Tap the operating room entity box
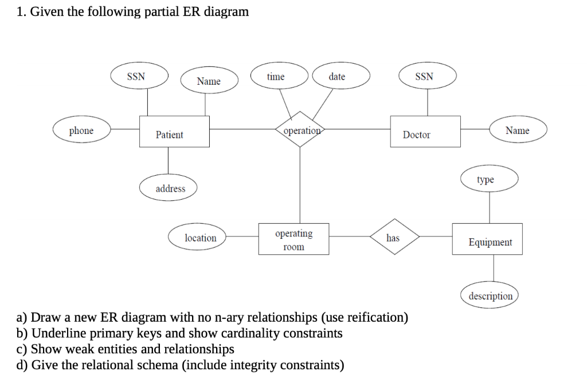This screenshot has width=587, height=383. click(x=293, y=239)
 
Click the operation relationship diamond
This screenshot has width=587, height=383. click(x=300, y=131)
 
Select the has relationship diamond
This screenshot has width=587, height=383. click(x=394, y=236)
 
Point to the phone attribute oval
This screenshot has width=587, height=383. click(x=81, y=131)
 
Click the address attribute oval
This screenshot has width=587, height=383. click(x=170, y=188)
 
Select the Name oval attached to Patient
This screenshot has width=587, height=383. click(x=209, y=81)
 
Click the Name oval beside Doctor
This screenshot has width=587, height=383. click(x=518, y=131)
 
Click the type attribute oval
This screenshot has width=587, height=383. click(x=489, y=180)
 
